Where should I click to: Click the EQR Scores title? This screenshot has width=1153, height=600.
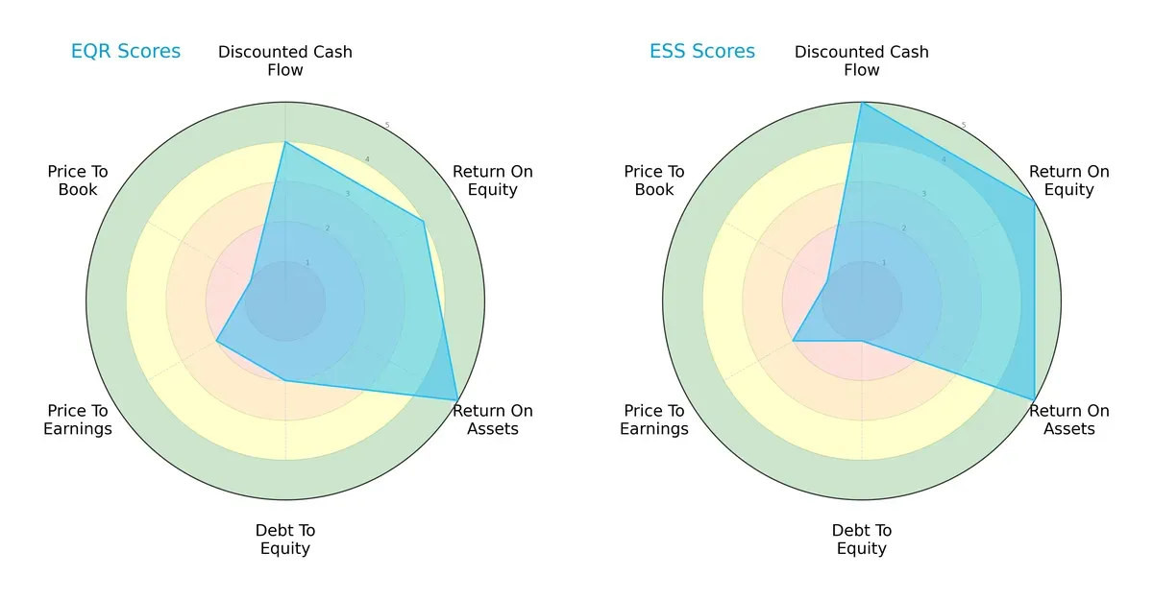126,52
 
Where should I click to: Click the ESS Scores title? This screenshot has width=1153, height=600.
702,52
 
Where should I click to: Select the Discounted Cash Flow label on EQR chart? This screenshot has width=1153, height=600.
285,60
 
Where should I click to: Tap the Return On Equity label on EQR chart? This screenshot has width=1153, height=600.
493,180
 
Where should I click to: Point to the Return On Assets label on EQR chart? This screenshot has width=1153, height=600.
493,420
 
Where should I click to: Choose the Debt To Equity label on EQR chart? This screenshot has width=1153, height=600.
285,540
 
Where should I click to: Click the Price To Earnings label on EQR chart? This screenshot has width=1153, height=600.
78,420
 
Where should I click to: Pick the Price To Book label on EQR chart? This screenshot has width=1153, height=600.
78,180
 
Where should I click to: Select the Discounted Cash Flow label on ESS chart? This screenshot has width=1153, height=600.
862,60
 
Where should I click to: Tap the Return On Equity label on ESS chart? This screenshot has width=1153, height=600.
1069,180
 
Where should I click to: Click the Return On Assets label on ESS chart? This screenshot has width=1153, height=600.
1069,420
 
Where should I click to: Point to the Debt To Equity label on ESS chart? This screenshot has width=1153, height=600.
862,540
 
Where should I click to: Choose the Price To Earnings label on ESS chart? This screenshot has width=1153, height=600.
654,420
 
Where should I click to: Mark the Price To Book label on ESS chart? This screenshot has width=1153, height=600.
654,180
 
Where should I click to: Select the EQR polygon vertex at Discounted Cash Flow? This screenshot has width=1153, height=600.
285,143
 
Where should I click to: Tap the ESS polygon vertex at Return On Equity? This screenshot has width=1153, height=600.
1034,201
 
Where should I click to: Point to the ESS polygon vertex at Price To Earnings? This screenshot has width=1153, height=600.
793,341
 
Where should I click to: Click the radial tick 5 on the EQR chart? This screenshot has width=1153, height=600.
387,126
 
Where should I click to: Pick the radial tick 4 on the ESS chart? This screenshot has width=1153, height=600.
944,159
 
